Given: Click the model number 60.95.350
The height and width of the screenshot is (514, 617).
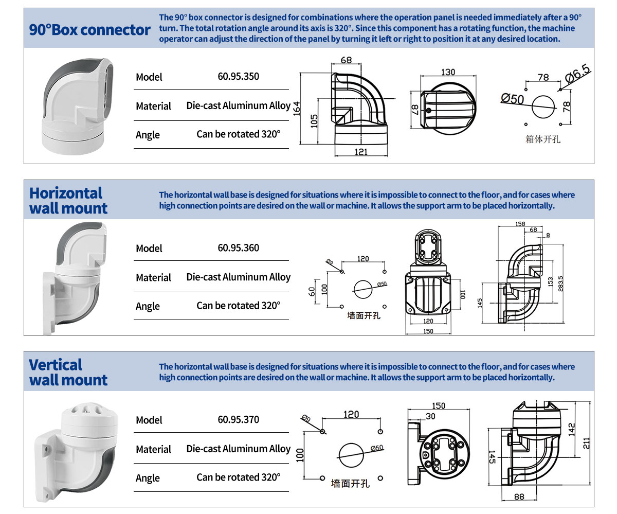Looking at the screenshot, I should [x=238, y=77].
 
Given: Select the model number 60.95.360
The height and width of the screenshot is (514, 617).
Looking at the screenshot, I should [x=238, y=248].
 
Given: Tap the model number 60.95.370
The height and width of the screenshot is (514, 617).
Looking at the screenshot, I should [x=238, y=420].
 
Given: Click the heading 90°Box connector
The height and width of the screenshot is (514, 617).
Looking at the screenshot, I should [x=90, y=30].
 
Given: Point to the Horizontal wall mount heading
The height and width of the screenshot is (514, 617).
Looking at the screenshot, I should [x=68, y=201].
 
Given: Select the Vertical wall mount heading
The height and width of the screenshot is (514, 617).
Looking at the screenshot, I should [x=68, y=372].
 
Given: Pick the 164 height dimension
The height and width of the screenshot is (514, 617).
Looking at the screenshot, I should [x=297, y=109].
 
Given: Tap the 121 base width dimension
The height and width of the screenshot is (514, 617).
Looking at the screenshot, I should [x=360, y=151].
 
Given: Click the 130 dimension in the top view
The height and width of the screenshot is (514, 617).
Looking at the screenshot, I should [x=448, y=73].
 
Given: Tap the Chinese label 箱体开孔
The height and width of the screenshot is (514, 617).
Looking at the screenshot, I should [x=543, y=139].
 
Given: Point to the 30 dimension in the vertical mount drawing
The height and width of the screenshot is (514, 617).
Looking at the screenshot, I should [x=430, y=416].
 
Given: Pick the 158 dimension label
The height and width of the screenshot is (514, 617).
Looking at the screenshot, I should [x=520, y=224].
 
